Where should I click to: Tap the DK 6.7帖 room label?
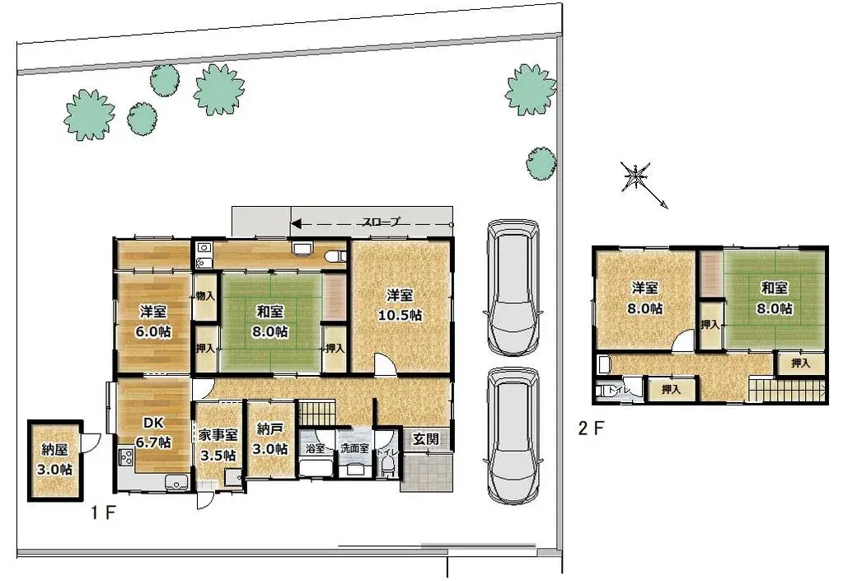154,433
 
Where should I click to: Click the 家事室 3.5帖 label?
218,444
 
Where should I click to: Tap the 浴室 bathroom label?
315,449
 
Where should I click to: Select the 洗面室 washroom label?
355,449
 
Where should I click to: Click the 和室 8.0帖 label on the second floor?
774,298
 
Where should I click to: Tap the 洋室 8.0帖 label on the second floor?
645,298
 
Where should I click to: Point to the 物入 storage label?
205,296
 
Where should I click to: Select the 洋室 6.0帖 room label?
154,321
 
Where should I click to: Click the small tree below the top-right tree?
541,162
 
